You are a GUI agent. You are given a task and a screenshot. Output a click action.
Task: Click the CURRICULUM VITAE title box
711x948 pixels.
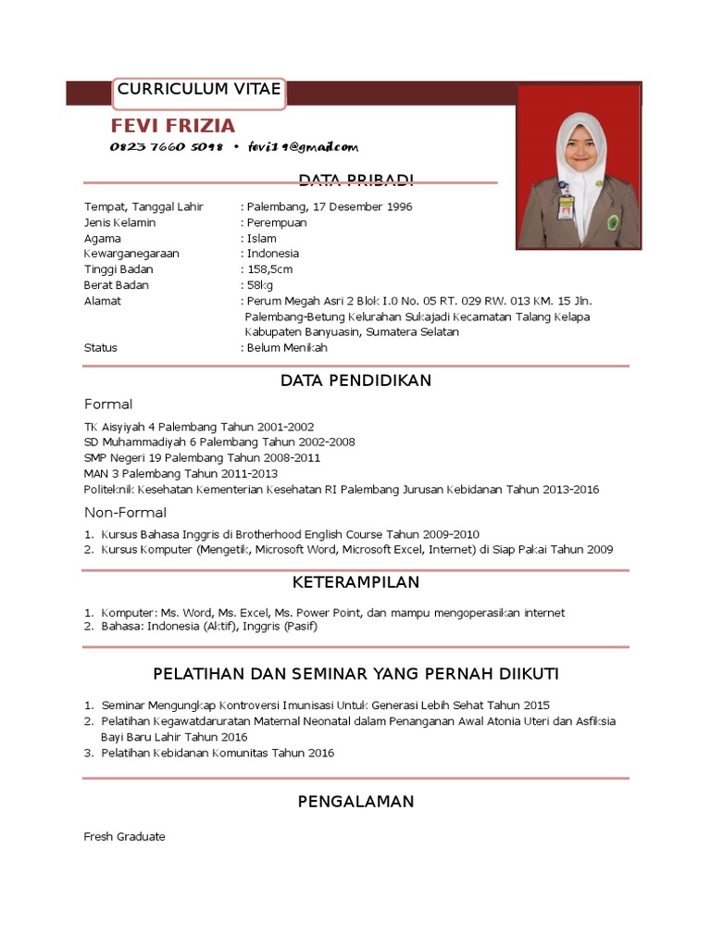pos(199,90)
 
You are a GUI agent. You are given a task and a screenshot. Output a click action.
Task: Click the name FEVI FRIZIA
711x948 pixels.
pos(173,126)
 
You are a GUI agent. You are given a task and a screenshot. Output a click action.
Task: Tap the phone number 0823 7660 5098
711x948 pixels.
pos(167,147)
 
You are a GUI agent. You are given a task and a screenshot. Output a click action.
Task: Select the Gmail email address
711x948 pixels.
pos(303,147)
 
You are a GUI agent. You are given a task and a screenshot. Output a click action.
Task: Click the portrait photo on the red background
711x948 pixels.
pos(579,167)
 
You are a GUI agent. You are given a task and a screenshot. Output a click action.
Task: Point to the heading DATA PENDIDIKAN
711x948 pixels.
pos(355,380)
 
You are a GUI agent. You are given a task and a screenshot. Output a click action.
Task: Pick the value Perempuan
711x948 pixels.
pos(276,223)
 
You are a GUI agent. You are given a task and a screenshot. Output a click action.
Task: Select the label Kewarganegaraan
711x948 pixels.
pos(131,254)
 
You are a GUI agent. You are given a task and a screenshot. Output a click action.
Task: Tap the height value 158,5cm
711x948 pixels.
pos(269,269)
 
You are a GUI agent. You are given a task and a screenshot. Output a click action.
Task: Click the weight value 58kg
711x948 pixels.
pos(259,285)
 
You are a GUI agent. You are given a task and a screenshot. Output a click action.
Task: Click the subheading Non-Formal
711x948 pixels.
pos(126,513)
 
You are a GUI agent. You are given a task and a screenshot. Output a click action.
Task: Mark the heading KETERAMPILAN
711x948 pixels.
pos(355,582)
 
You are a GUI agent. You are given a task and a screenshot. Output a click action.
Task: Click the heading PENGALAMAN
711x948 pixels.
pos(355,802)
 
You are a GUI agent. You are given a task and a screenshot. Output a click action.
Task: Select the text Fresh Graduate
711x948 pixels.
pos(124,837)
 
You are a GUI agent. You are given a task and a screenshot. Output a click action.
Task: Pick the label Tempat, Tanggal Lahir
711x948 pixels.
pos(143,207)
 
